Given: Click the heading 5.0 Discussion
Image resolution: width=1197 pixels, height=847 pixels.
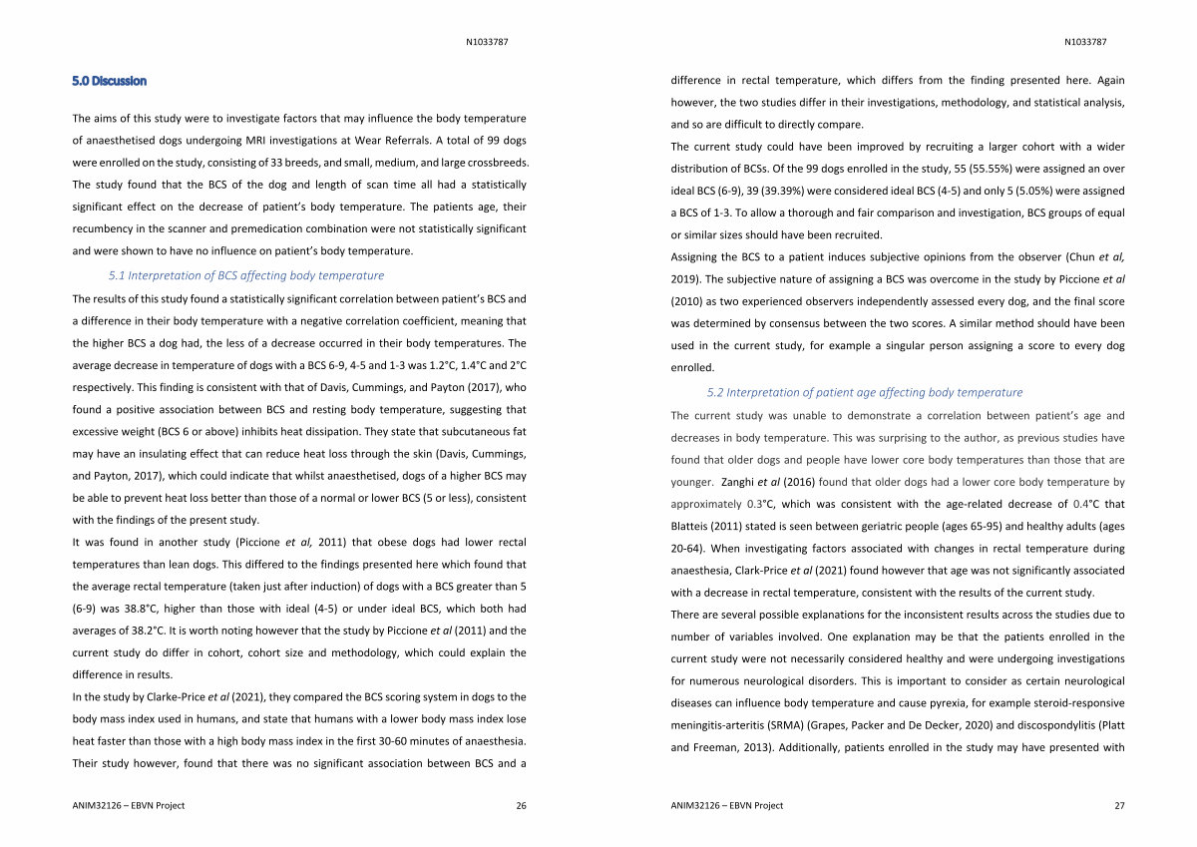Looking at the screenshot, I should coord(110,81).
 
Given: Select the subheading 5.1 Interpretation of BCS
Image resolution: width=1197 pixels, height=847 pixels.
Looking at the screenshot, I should coord(245,275).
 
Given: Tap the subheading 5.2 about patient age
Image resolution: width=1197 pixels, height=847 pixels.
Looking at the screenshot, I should coord(865,392).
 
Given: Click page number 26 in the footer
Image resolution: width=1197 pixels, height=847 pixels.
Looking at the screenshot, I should coord(521,805).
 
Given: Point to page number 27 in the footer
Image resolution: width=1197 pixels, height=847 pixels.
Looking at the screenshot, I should coord(1119,805).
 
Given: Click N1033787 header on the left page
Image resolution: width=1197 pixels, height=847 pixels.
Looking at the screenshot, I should coord(489,42).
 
